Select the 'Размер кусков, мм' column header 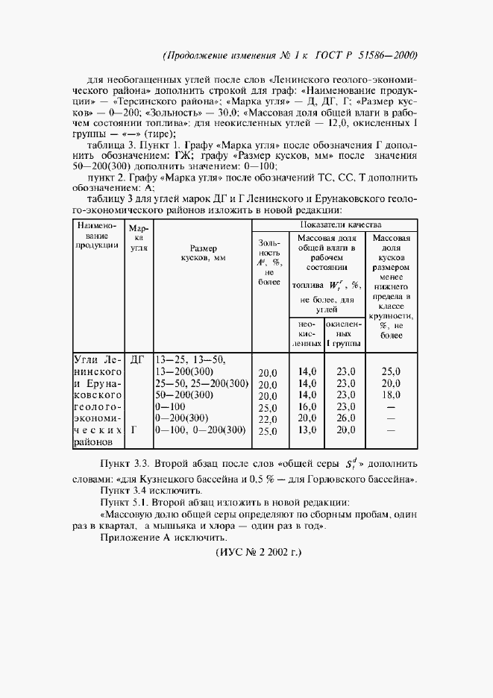(203, 252)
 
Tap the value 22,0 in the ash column (267, 419)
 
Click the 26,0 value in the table (345, 419)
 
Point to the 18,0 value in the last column (391, 394)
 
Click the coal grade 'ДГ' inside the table (136, 359)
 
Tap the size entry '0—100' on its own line (171, 406)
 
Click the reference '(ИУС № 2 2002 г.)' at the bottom (257, 553)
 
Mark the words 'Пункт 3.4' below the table (125, 491)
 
